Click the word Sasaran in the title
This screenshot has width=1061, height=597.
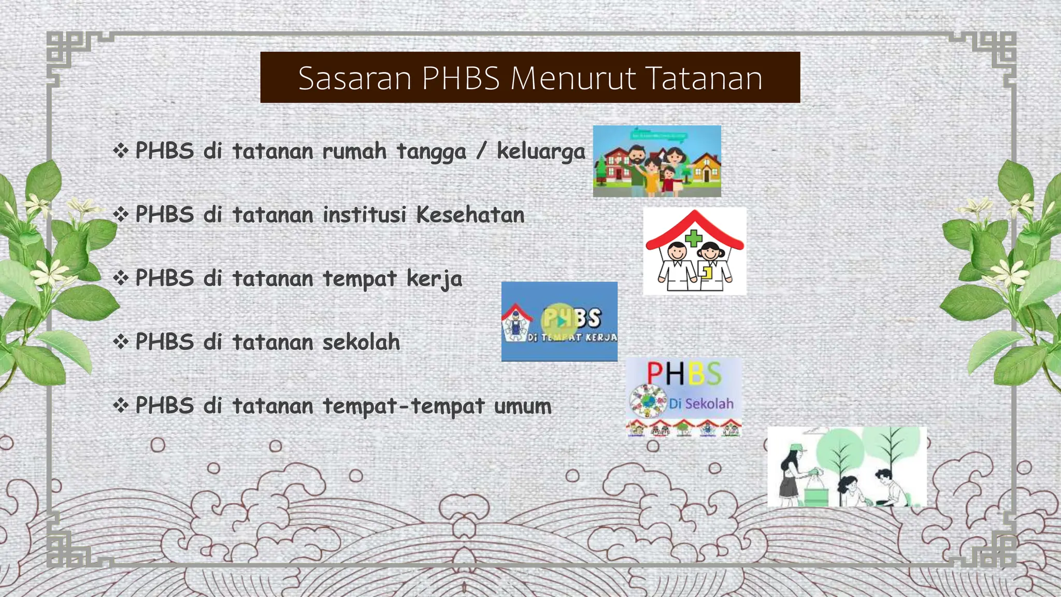pyautogui.click(x=354, y=78)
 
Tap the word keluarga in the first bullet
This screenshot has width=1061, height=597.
pyautogui.click(x=541, y=151)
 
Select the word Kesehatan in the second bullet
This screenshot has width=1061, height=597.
pyautogui.click(x=470, y=215)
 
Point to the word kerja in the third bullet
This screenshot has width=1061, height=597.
pyautogui.click(x=434, y=279)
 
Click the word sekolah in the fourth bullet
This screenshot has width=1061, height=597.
pyautogui.click(x=361, y=342)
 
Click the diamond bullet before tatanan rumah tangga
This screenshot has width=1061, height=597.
pyautogui.click(x=121, y=151)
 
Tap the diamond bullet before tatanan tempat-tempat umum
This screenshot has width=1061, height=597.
pyautogui.click(x=121, y=405)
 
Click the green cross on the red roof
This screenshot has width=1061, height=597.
pyautogui.click(x=694, y=238)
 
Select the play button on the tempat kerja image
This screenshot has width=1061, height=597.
pyautogui.click(x=559, y=321)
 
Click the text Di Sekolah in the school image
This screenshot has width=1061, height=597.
pyautogui.click(x=701, y=403)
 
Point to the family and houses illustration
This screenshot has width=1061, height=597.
pyautogui.click(x=657, y=161)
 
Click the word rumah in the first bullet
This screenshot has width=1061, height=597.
pyautogui.click(x=354, y=151)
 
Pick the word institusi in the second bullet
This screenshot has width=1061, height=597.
pyautogui.click(x=364, y=215)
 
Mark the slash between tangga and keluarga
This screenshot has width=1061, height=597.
pyautogui.click(x=481, y=151)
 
